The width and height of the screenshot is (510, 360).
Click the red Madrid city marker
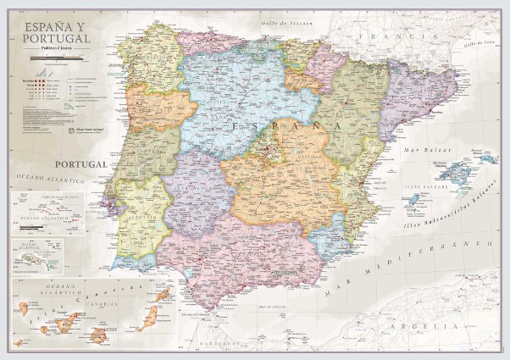click(270, 152)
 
